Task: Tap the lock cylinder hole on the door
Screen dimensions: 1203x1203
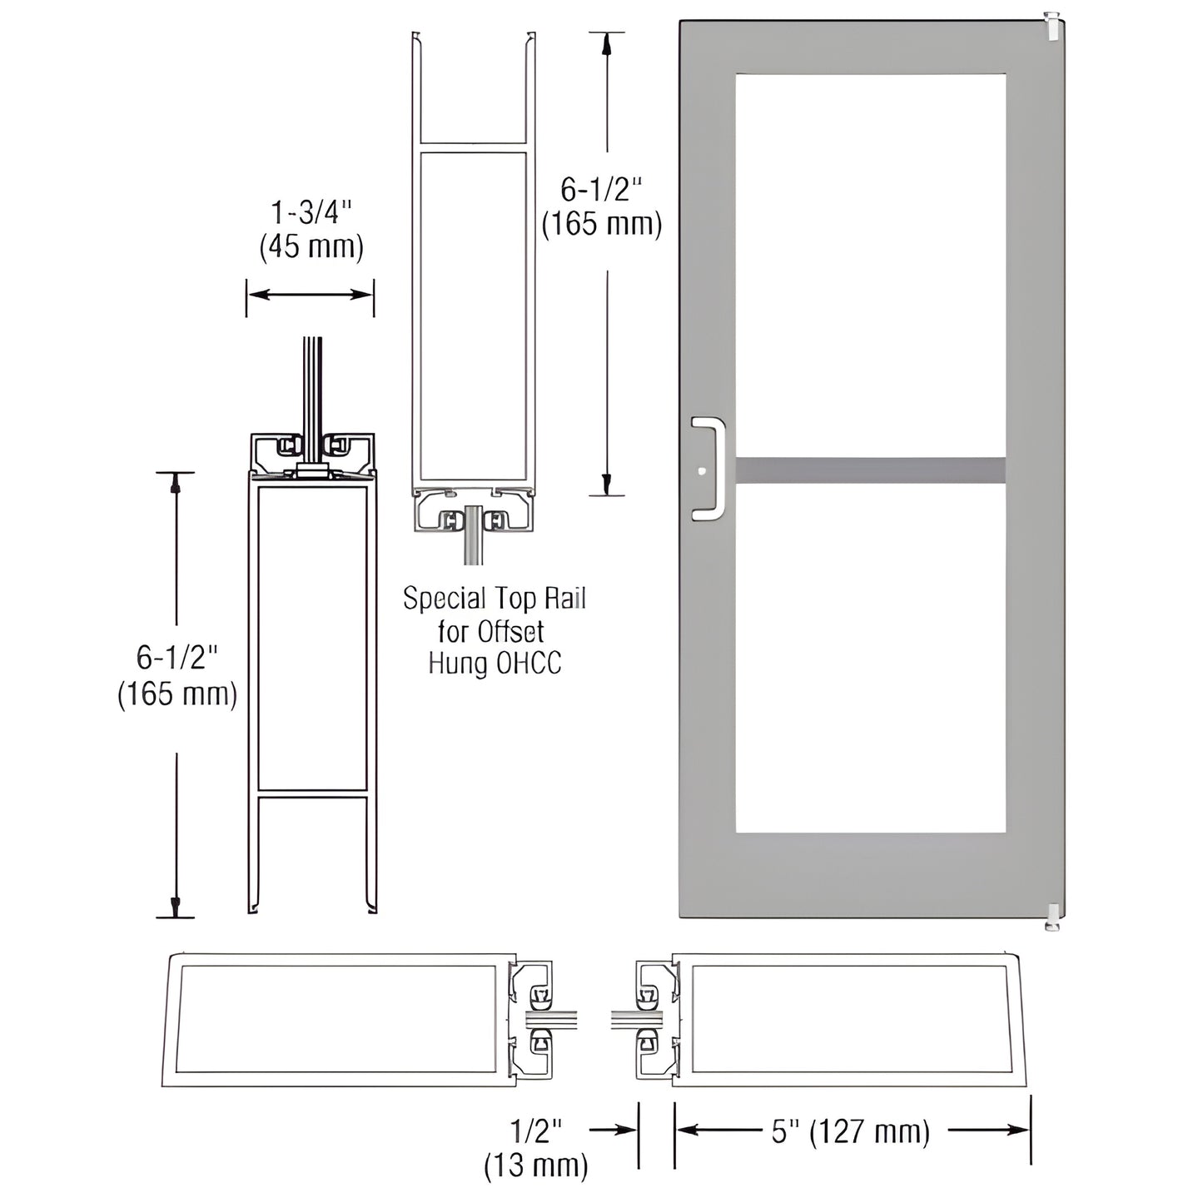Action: [x=703, y=471]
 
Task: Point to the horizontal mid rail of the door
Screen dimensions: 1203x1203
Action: [x=870, y=470]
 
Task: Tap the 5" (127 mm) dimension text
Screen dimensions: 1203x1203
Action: [x=849, y=1132]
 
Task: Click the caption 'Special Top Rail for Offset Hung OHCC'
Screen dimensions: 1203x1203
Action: [x=495, y=629]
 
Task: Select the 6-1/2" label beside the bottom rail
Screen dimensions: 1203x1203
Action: [x=176, y=676]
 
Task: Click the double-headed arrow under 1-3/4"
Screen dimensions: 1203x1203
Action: [x=311, y=294]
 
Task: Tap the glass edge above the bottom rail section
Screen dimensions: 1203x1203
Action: [x=312, y=383]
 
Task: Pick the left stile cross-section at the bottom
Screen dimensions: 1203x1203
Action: [x=341, y=1020]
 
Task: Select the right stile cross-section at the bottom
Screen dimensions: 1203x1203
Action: [x=849, y=1020]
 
